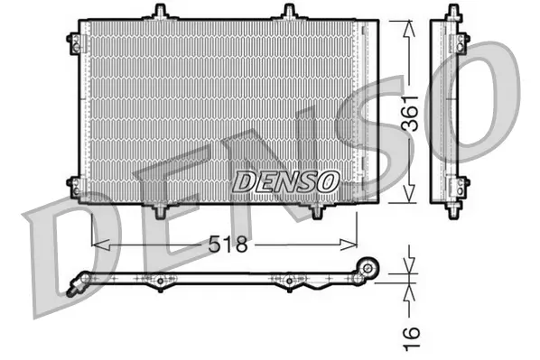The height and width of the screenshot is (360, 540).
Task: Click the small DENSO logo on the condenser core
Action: (x=285, y=180)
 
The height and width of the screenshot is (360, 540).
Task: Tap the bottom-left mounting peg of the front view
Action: (x=161, y=210)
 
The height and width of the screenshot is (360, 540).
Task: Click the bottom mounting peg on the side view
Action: (x=451, y=209)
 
